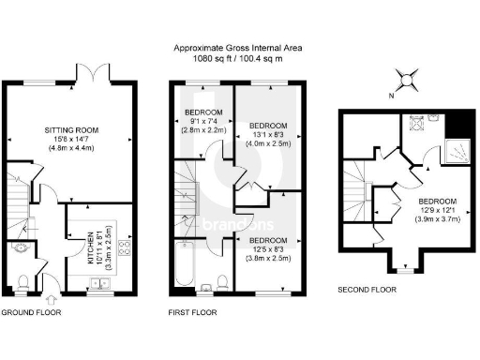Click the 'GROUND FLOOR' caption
point(31,312)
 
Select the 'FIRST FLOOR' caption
point(194,312)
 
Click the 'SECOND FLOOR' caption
point(367,291)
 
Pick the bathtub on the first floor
point(184,266)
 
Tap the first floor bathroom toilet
point(217,280)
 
